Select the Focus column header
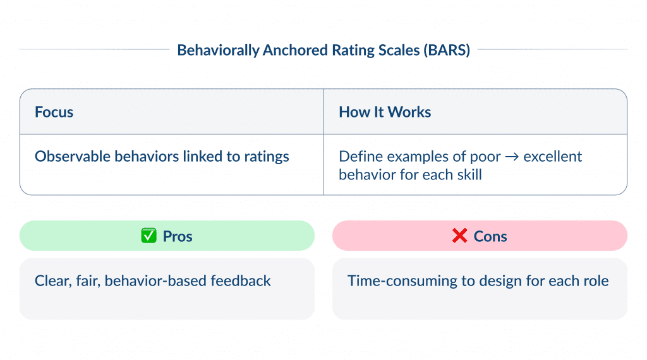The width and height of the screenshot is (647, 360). tap(54, 112)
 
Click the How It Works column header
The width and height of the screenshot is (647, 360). tap(385, 112)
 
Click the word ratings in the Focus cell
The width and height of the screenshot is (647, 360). tap(267, 157)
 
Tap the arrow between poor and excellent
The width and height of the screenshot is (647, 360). tap(512, 157)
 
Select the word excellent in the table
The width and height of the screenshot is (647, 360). tap(553, 157)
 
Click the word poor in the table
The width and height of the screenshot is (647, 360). tap(487, 157)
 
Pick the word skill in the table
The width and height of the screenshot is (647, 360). tap(468, 174)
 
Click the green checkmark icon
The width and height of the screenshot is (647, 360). tap(148, 236)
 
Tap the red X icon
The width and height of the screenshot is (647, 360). tap(459, 236)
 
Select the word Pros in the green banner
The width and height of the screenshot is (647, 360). tap(178, 236)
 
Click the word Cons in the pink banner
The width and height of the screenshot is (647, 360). tap(490, 236)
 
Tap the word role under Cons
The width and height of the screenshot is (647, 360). tap(595, 280)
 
